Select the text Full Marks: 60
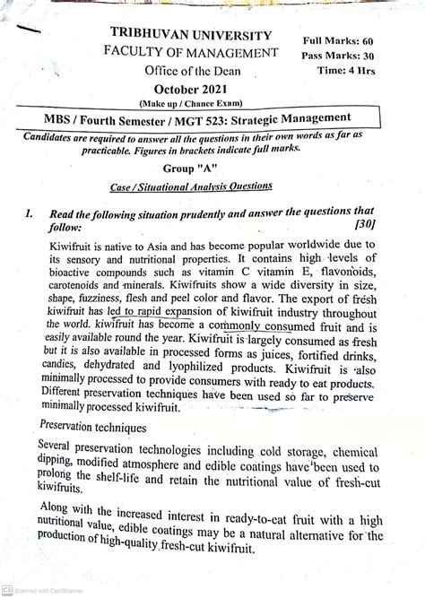(x=343, y=40)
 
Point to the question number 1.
(x=30, y=213)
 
